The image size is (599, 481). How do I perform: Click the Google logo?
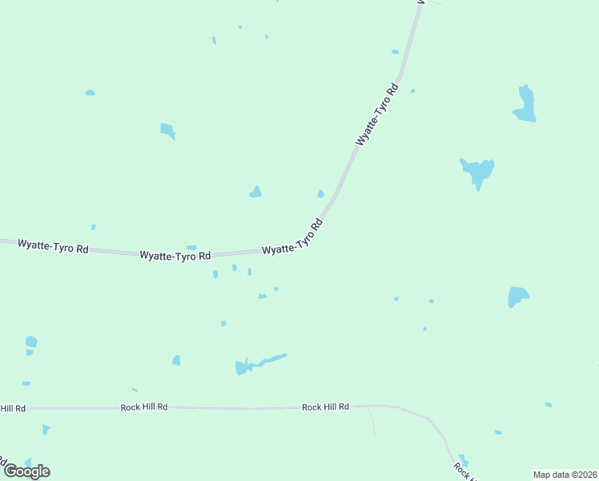coord(26,471)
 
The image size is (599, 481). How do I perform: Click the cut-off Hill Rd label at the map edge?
coord(12,409)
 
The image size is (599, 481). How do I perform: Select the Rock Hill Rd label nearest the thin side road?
coord(325,407)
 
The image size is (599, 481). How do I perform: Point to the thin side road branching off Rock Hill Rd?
coord(372,421)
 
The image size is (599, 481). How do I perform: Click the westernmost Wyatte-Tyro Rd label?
coord(53,245)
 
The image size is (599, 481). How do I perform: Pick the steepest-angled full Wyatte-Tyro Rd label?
coord(377,113)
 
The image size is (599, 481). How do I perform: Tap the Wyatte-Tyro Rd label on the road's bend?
coord(292,237)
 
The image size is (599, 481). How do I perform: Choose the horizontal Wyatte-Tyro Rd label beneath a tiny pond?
coord(175,256)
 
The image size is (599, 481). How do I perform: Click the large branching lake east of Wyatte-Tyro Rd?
coord(477,171)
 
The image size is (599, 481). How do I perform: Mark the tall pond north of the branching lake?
coord(525,103)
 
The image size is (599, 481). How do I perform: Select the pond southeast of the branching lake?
coord(517,296)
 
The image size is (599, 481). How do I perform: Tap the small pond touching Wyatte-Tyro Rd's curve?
coord(320,193)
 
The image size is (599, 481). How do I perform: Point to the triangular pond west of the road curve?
coord(255,192)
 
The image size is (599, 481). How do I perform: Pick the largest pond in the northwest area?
coord(167,130)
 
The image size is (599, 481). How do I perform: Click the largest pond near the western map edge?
coord(31,342)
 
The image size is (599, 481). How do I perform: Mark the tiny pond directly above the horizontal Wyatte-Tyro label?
coord(191,247)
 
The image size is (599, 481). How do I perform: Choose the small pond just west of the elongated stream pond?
coord(176,361)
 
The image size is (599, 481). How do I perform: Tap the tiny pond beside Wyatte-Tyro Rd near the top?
coord(395,52)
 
